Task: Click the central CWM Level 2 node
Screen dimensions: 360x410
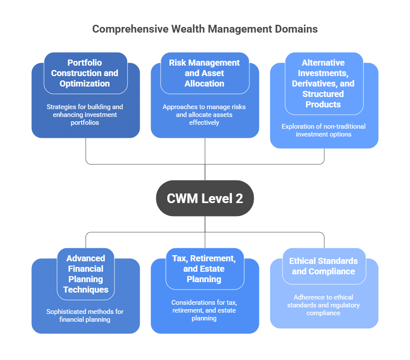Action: [205, 198]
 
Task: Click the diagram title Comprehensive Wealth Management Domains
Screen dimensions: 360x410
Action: [205, 29]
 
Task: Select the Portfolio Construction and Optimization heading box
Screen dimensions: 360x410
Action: [85, 73]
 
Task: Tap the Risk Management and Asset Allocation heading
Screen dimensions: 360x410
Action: [204, 73]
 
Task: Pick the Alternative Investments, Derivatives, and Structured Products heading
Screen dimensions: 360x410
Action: [323, 83]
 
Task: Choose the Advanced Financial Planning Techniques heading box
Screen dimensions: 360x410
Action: [85, 274]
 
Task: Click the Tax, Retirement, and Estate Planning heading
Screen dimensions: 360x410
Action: [204, 269]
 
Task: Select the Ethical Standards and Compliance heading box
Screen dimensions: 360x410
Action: [323, 266]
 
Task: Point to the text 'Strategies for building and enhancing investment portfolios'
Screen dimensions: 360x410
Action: [85, 115]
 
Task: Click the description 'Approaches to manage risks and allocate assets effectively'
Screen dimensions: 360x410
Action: [204, 115]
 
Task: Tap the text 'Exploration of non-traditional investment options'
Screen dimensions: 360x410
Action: [323, 130]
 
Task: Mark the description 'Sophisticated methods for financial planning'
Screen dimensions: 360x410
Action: [85, 316]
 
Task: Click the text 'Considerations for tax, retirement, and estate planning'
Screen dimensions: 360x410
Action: [204, 310]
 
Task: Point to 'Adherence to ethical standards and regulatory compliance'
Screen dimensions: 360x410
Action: [323, 305]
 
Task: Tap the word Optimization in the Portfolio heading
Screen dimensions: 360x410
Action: [84, 83]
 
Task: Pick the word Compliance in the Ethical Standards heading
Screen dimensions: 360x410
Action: [323, 271]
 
